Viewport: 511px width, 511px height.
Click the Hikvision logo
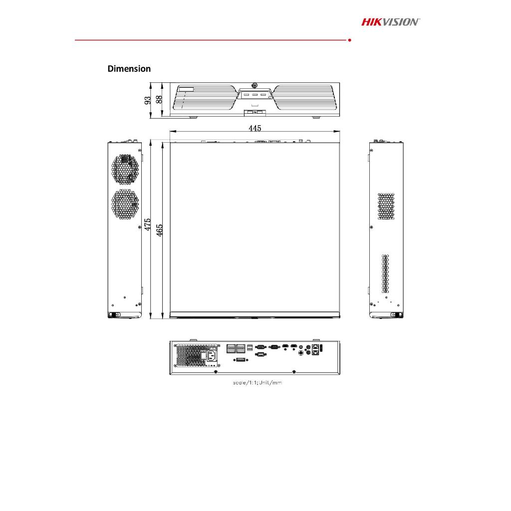click(x=391, y=21)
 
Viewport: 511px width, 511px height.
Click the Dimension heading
click(x=129, y=69)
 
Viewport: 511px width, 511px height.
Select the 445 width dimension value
click(x=255, y=128)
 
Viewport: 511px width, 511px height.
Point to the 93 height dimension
click(x=148, y=100)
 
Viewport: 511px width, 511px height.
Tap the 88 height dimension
click(x=159, y=99)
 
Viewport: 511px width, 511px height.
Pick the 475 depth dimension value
click(x=148, y=224)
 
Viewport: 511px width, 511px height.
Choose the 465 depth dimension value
click(x=160, y=230)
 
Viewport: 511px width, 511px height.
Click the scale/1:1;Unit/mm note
click(x=254, y=383)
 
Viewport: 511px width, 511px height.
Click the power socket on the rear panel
click(x=211, y=356)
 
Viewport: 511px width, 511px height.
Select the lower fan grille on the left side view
click(x=124, y=204)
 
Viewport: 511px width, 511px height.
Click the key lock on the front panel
click(x=255, y=85)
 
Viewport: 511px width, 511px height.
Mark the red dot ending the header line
click(x=349, y=39)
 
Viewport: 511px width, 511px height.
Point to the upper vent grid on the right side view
click(x=386, y=207)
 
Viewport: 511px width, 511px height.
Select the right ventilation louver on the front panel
click(x=305, y=98)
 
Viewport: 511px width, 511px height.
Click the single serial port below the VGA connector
click(x=260, y=355)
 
